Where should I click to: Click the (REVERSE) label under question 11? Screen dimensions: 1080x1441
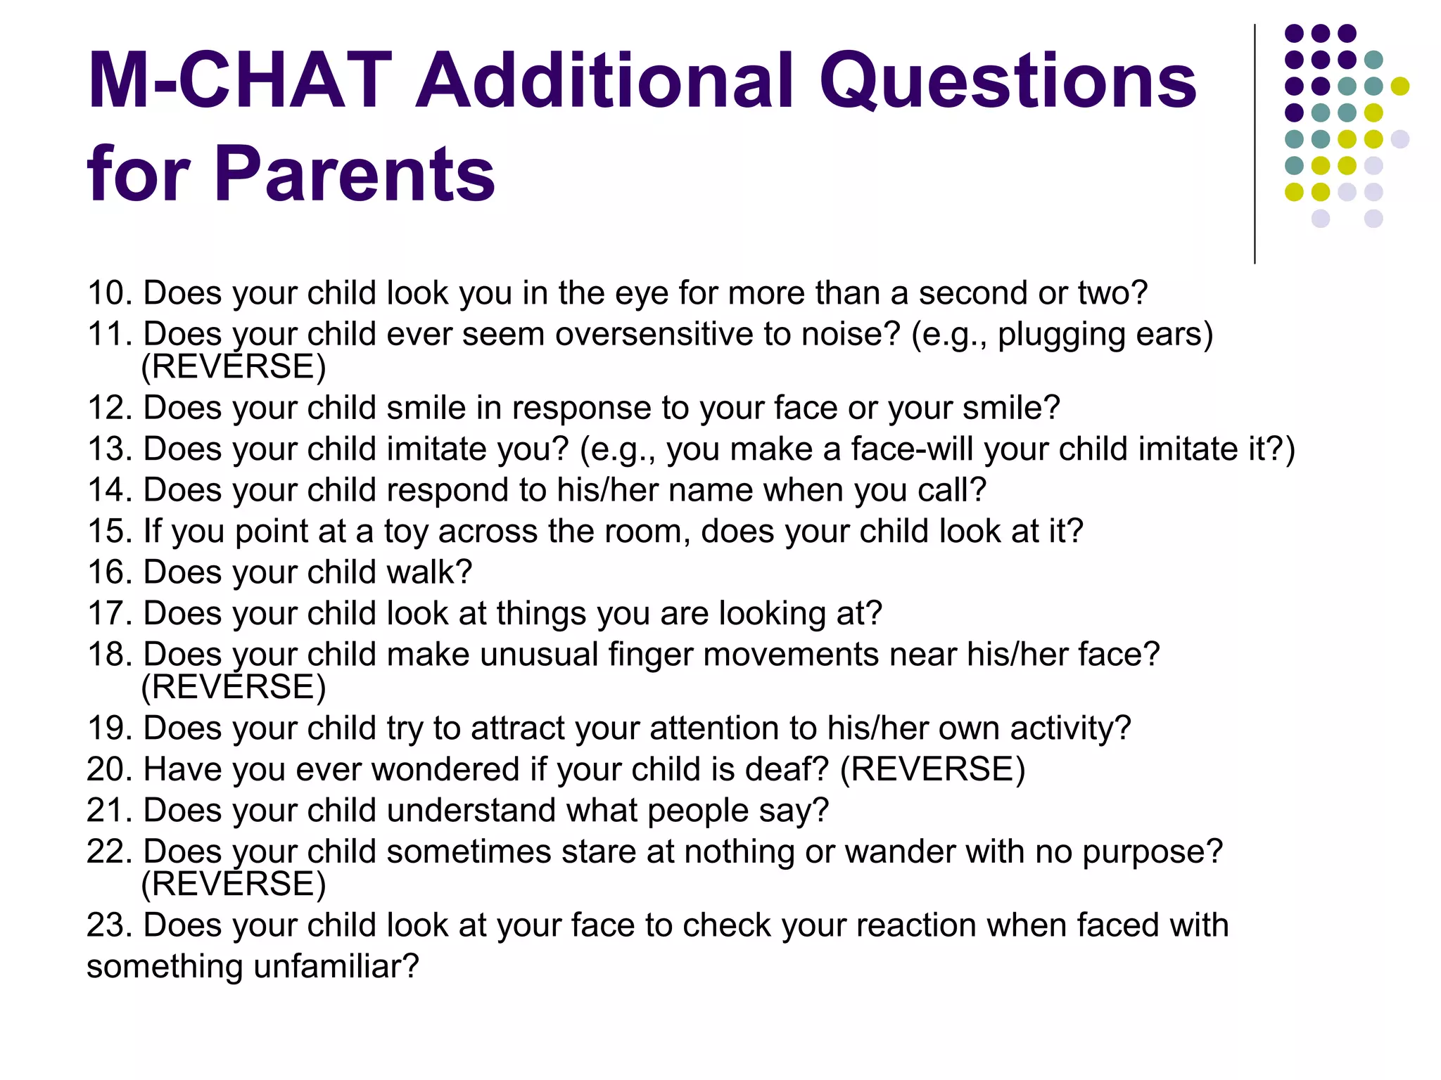[x=234, y=366]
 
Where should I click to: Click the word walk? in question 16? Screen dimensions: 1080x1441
[x=429, y=572]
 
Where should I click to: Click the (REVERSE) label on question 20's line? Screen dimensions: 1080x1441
[x=933, y=769]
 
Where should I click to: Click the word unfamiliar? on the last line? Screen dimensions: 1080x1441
[x=336, y=966]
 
